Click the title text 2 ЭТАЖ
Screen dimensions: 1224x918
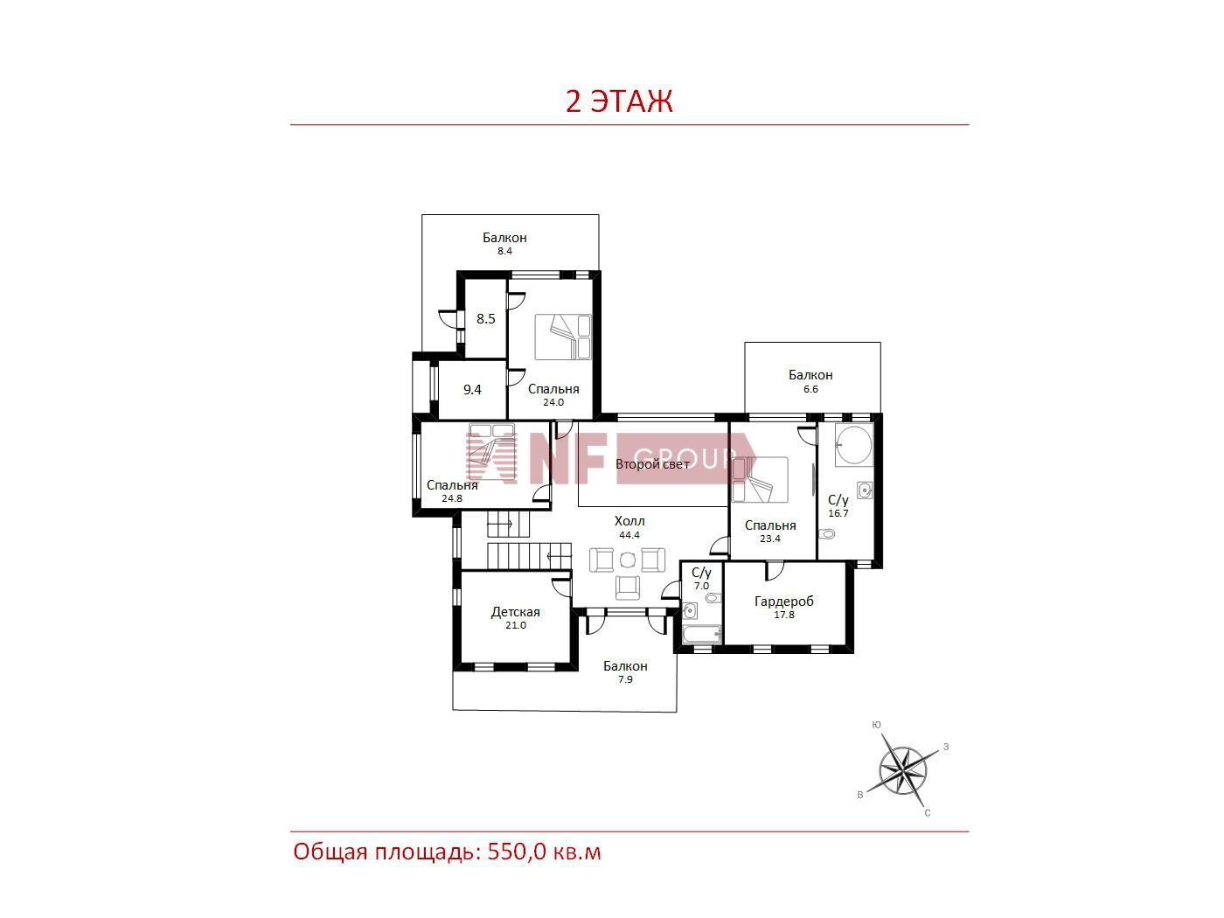point(619,101)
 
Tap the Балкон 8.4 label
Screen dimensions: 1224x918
point(504,243)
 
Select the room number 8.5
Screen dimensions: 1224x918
point(485,319)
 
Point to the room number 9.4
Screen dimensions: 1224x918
point(472,390)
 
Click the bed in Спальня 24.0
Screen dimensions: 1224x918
point(563,337)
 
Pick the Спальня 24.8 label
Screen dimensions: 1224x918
point(452,490)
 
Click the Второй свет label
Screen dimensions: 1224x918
point(652,463)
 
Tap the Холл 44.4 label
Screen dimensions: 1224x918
point(629,527)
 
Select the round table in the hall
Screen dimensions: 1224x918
point(628,559)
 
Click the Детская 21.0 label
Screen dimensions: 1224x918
point(515,617)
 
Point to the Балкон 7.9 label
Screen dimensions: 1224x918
point(625,671)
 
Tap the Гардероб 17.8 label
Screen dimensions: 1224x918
point(783,607)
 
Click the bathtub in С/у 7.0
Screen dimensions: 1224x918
point(702,634)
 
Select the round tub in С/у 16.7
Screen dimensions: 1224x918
point(853,445)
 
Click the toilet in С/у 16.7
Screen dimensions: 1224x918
point(829,533)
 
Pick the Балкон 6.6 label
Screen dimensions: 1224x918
point(810,381)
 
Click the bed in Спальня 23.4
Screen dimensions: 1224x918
point(760,479)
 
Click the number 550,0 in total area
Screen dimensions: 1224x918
point(517,852)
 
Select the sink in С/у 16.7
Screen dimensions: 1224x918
point(865,490)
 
